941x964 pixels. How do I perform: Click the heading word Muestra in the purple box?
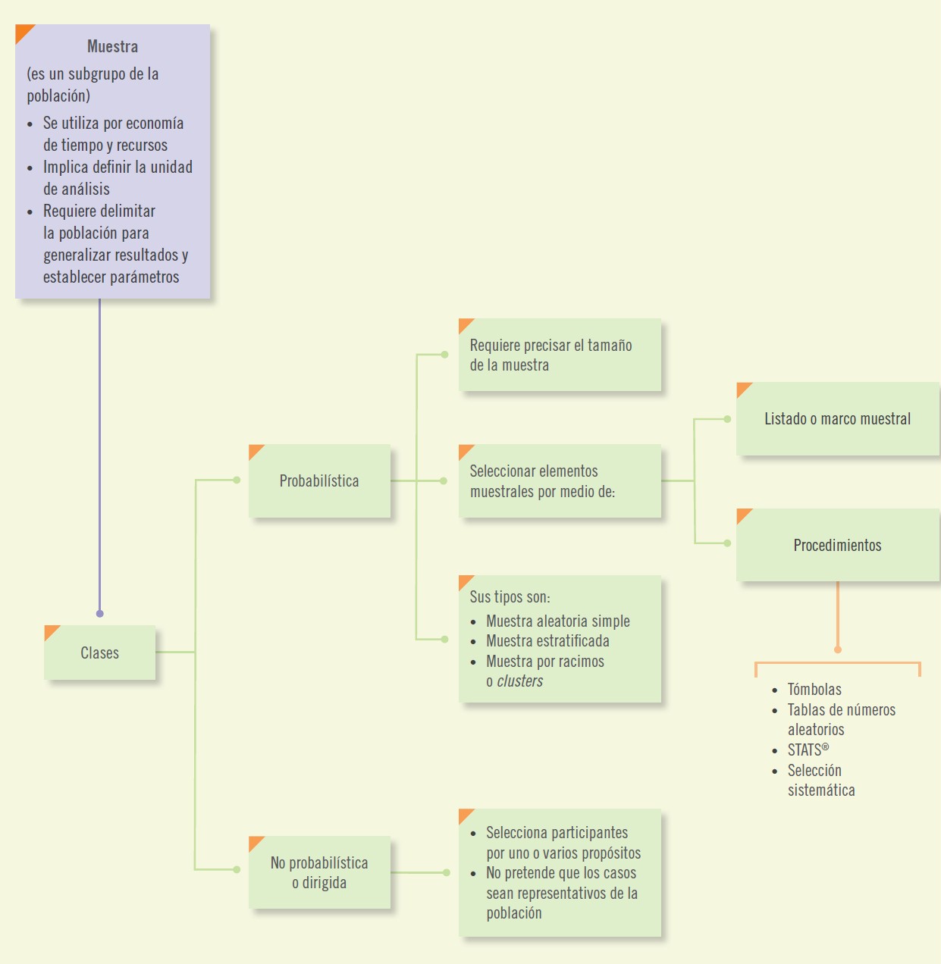(112, 46)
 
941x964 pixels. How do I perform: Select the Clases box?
(99, 653)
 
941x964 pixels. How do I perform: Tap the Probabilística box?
(319, 480)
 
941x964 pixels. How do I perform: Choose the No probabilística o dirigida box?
(319, 872)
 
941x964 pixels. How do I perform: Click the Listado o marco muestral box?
(837, 418)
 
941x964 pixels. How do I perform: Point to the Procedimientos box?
(837, 545)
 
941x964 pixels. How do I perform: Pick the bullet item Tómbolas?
(814, 690)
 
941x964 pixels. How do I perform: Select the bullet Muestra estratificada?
(547, 641)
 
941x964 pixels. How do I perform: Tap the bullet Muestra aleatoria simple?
(557, 621)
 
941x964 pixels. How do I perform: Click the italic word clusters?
(520, 681)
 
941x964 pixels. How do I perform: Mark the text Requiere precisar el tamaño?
(550, 346)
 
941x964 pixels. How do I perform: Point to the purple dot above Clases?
(99, 613)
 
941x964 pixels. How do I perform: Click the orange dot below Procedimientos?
(837, 649)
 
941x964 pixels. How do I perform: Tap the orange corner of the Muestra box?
(23, 32)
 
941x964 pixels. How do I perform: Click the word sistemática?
(821, 790)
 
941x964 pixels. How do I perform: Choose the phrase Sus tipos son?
(510, 597)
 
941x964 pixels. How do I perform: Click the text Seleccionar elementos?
(534, 471)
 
